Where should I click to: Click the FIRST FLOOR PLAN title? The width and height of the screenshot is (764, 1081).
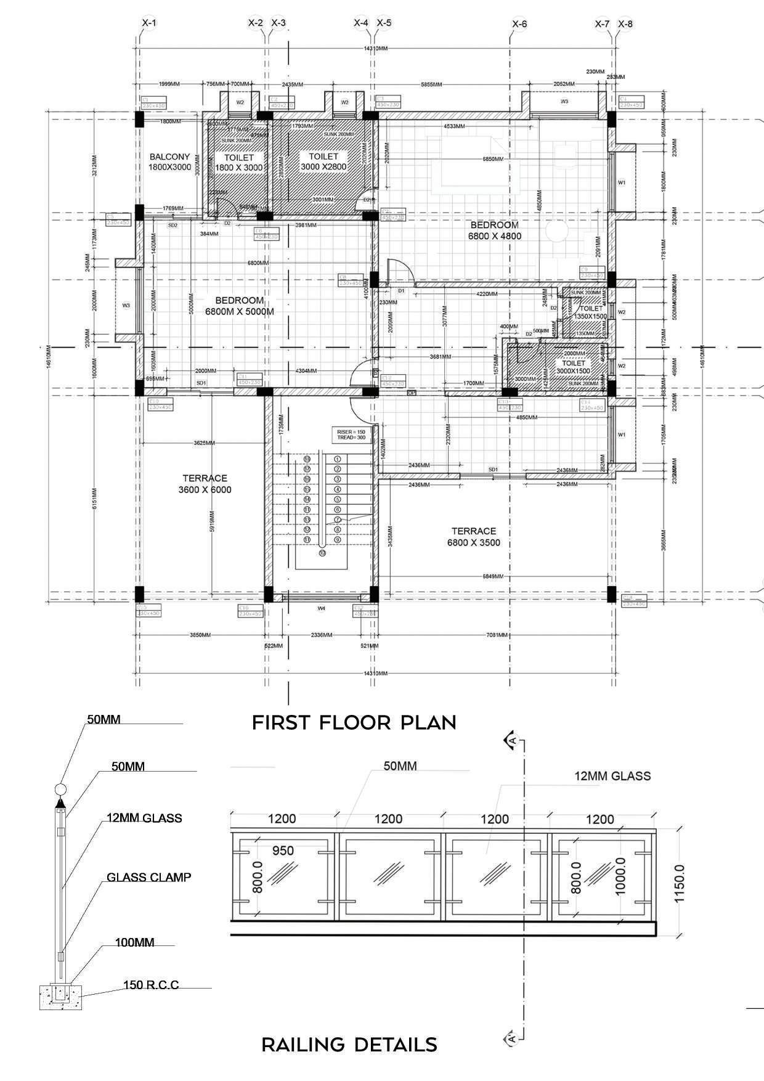click(x=354, y=722)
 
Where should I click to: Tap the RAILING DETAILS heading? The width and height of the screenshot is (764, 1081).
click(x=349, y=1045)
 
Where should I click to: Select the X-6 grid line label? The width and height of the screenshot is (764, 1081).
click(x=519, y=25)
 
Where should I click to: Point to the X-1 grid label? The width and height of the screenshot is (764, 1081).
click(x=149, y=23)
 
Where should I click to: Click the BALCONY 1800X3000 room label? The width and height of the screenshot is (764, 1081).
click(x=170, y=162)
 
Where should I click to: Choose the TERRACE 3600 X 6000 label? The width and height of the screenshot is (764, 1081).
click(x=205, y=484)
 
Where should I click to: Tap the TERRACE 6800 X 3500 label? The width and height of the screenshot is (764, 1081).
click(x=473, y=537)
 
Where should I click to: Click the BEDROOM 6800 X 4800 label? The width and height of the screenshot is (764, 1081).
click(x=495, y=230)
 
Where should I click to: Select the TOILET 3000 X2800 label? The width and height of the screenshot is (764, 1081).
click(x=323, y=162)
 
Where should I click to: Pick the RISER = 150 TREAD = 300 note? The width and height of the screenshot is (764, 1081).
click(x=351, y=434)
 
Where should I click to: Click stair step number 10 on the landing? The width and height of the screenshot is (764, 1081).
click(x=322, y=553)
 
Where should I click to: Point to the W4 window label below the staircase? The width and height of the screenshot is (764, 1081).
click(x=321, y=609)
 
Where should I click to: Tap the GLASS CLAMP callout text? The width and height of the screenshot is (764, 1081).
click(x=148, y=877)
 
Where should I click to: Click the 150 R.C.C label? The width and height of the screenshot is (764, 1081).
click(x=151, y=985)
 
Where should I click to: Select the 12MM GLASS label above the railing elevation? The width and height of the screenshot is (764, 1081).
click(x=612, y=776)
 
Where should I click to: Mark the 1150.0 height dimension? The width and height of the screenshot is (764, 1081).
click(x=679, y=883)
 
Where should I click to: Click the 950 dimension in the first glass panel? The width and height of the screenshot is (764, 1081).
click(x=283, y=851)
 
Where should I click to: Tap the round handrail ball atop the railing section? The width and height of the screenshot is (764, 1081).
click(x=60, y=788)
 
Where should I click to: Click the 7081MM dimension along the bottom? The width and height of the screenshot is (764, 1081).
click(x=497, y=635)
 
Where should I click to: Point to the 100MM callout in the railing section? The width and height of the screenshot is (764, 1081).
click(x=134, y=942)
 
